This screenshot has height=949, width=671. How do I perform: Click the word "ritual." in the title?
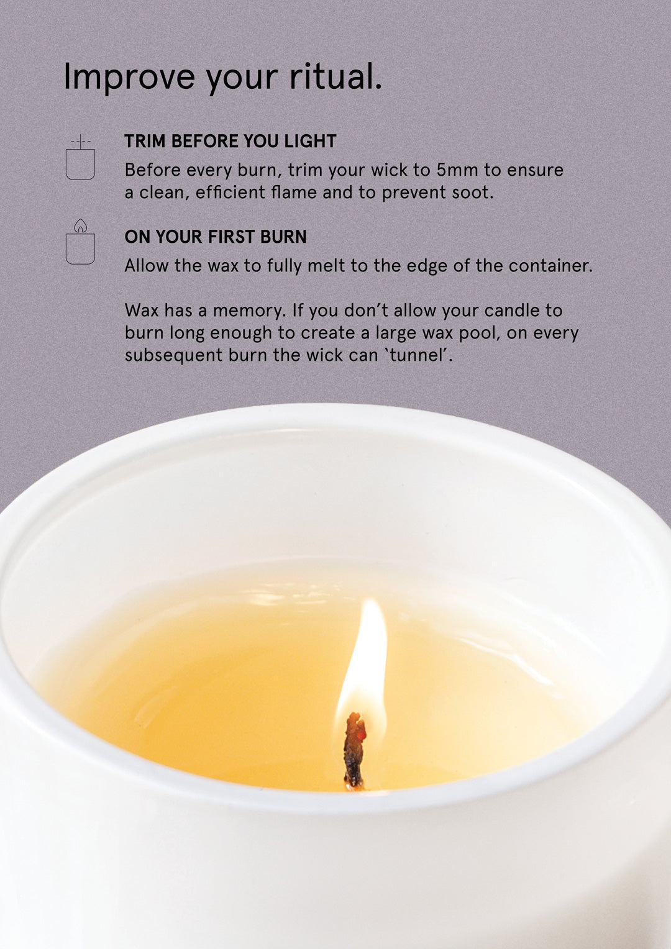click(x=335, y=76)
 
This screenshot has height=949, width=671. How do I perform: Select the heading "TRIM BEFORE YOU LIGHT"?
click(x=230, y=141)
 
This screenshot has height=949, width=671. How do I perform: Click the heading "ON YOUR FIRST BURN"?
click(x=216, y=237)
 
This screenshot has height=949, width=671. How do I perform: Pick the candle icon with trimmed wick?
click(x=80, y=158)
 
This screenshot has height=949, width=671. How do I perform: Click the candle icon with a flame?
click(x=80, y=243)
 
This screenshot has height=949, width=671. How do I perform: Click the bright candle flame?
click(x=367, y=658)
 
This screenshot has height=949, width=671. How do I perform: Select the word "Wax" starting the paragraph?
click(x=141, y=311)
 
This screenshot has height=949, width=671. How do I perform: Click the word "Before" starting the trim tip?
click(x=152, y=170)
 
